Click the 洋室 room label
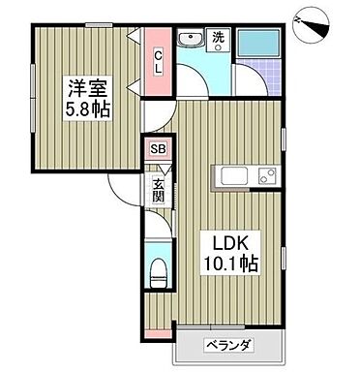click(x=87, y=88)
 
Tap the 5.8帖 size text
click(x=87, y=108)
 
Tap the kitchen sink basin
click(x=236, y=176)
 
